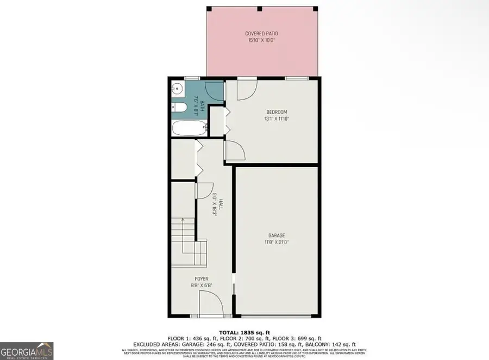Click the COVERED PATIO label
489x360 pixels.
tap(261, 34)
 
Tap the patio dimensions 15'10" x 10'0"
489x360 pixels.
tap(261, 40)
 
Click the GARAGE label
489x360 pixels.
tap(276, 235)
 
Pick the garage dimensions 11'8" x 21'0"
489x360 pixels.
tap(276, 241)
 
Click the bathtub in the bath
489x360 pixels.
tap(188, 129)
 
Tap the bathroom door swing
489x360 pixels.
tap(215, 90)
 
